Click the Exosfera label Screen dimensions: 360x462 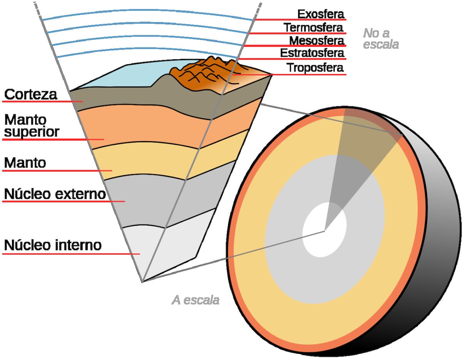[320, 14]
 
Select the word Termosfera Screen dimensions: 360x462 [313, 28]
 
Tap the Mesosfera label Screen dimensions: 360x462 [316, 40]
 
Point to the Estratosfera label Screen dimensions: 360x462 [312, 53]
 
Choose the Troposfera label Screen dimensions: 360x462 [315, 68]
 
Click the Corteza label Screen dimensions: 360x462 [30, 94]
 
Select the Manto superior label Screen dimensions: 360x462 [32, 126]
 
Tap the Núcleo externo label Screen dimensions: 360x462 [55, 194]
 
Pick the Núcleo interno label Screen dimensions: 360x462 [52, 245]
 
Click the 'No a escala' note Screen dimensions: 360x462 [380, 38]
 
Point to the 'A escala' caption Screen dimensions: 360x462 [196, 300]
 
